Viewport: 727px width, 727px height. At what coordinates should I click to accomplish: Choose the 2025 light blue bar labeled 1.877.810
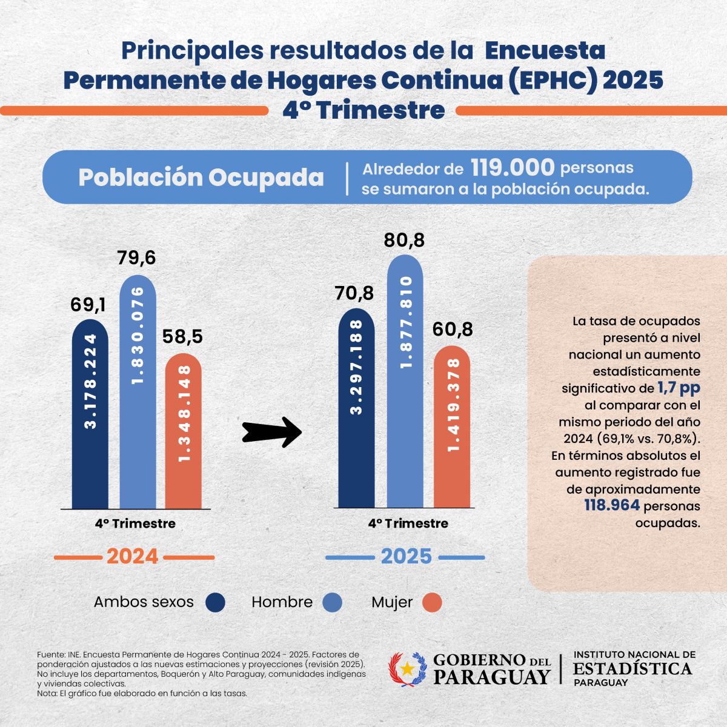click(x=405, y=382)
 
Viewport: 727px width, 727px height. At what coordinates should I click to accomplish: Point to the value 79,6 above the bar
click(x=137, y=257)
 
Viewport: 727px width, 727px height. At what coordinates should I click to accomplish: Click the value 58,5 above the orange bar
click(x=183, y=337)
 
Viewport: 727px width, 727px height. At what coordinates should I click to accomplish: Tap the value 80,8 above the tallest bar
click(x=404, y=241)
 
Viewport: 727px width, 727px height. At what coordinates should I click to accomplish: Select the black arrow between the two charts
click(x=272, y=433)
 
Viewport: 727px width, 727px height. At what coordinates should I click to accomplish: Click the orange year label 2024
click(x=133, y=556)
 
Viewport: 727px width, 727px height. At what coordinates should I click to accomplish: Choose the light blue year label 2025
click(x=406, y=556)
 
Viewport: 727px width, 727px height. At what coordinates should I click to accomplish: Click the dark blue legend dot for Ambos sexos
click(x=216, y=602)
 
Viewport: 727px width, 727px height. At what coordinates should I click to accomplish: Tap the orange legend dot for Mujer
click(x=432, y=603)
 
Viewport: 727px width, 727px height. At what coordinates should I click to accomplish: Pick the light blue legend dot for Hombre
click(x=333, y=602)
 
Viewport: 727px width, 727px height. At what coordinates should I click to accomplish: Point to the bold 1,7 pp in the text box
click(x=679, y=388)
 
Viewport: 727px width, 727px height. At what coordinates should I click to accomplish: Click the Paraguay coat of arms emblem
click(x=408, y=669)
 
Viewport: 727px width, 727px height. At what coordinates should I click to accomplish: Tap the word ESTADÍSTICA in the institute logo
click(x=632, y=669)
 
